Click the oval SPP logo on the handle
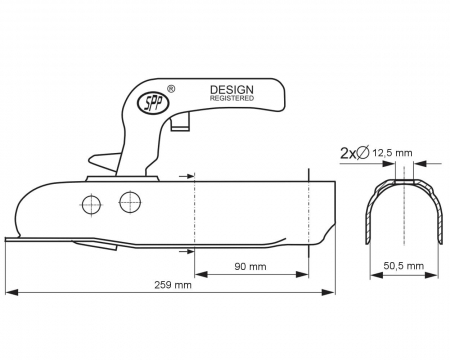click(154, 104)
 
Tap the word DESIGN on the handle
click(232, 90)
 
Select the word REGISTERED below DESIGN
click(232, 98)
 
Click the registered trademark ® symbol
click(171, 89)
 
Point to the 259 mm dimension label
click(173, 285)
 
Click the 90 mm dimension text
click(250, 267)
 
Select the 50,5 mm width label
click(404, 266)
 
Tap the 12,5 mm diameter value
click(392, 153)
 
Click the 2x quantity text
click(347, 153)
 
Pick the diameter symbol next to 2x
click(363, 153)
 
